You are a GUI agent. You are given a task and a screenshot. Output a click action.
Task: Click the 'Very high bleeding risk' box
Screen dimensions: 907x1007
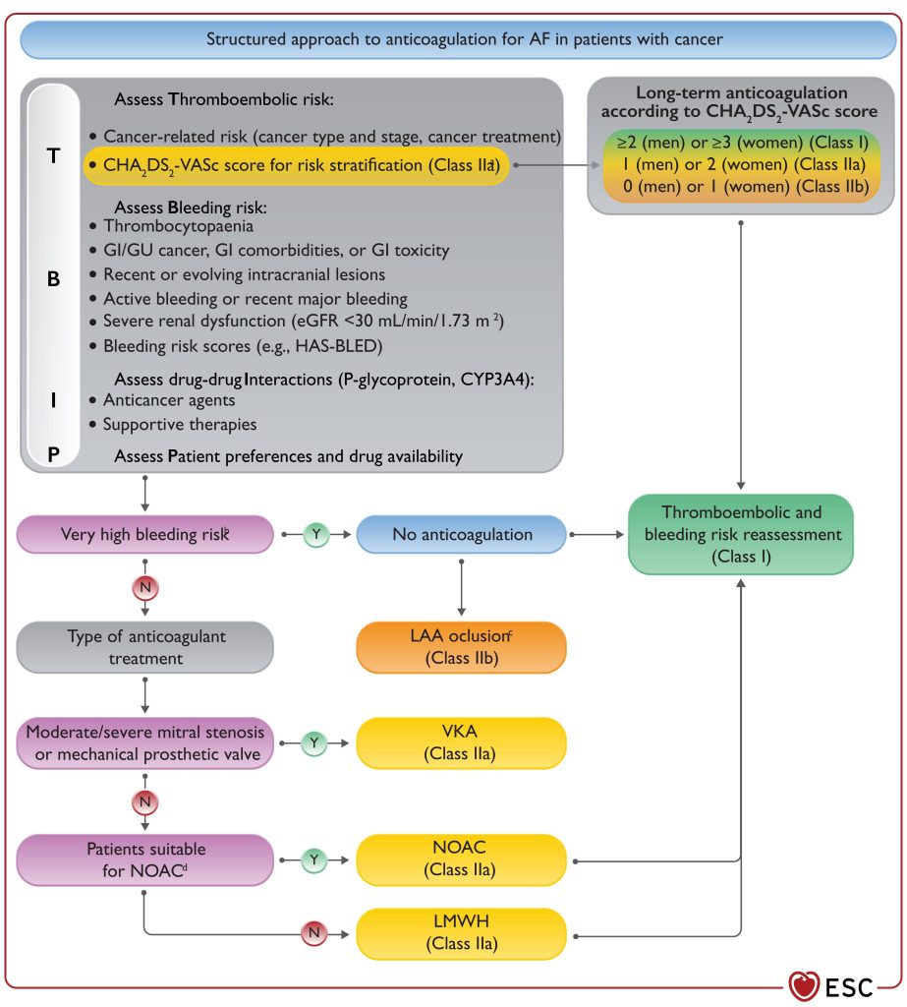pyautogui.click(x=145, y=534)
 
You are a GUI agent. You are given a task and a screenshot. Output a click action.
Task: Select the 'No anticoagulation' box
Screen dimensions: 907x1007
pyautogui.click(x=462, y=534)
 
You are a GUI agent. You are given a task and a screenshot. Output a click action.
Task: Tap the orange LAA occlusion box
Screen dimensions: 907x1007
pyautogui.click(x=462, y=647)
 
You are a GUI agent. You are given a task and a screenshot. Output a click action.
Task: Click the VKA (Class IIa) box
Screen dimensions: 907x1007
pyautogui.click(x=462, y=743)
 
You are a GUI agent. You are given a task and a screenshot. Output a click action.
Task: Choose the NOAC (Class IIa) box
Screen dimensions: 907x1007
pyautogui.click(x=462, y=859)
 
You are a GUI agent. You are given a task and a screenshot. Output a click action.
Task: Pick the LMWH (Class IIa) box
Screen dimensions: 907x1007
pyautogui.click(x=462, y=933)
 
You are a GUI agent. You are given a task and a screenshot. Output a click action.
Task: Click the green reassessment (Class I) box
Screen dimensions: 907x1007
pyautogui.click(x=741, y=534)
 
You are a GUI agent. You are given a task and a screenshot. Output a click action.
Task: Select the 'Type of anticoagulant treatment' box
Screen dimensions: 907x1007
pyautogui.click(x=145, y=647)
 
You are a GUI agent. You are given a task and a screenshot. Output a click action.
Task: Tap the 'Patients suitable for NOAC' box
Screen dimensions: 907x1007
pyautogui.click(x=145, y=859)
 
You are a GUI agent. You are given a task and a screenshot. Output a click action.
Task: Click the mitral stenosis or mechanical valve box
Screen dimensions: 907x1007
pyautogui.click(x=145, y=743)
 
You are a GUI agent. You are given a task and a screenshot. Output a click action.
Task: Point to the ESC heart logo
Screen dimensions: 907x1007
pyautogui.click(x=804, y=986)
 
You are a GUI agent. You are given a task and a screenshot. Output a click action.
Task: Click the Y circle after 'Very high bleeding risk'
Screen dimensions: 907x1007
pyautogui.click(x=315, y=534)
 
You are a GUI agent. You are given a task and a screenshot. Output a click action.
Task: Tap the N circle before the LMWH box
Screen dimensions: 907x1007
pyautogui.click(x=313, y=933)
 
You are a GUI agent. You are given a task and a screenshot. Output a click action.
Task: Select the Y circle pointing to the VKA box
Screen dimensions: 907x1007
pyautogui.click(x=313, y=743)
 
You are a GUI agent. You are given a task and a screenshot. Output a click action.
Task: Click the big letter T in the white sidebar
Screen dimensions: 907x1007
pyautogui.click(x=54, y=156)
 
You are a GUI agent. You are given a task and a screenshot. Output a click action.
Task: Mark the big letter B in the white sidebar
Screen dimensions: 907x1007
pyautogui.click(x=54, y=278)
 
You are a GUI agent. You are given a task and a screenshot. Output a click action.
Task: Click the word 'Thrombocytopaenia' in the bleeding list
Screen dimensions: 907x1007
pyautogui.click(x=179, y=226)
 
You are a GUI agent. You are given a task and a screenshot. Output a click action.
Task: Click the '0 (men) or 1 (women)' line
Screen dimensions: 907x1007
pyautogui.click(x=745, y=186)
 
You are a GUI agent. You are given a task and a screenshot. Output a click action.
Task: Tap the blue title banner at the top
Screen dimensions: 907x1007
pyautogui.click(x=458, y=39)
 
